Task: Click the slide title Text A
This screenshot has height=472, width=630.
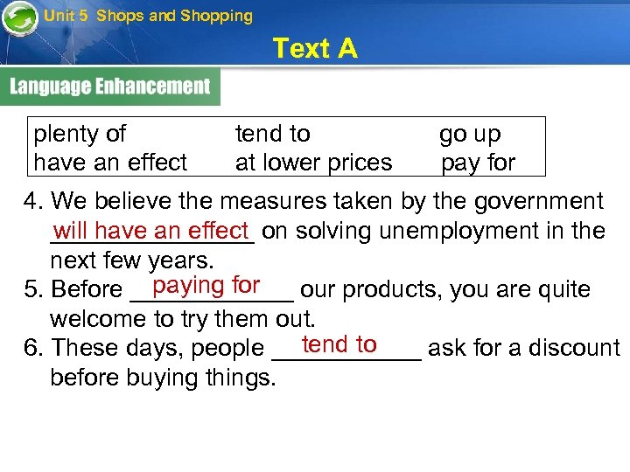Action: click(x=315, y=48)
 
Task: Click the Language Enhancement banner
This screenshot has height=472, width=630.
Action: click(x=110, y=87)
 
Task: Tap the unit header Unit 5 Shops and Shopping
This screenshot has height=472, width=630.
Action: click(x=148, y=16)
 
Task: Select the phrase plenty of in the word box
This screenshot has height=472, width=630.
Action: click(x=80, y=134)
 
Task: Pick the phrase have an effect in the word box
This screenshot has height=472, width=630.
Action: click(x=110, y=163)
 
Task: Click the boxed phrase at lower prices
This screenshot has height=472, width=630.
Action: click(x=313, y=163)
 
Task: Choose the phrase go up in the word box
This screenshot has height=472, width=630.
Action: click(x=470, y=134)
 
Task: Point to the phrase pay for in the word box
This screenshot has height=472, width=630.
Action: click(x=478, y=163)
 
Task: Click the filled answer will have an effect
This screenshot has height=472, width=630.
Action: click(x=151, y=231)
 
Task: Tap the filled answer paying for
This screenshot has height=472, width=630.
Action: click(x=206, y=285)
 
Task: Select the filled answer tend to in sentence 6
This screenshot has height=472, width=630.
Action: click(x=339, y=344)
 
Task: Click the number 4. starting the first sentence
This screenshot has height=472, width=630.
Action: click(x=33, y=202)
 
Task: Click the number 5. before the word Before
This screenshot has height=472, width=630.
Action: click(x=33, y=289)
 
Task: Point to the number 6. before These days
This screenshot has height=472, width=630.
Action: click(x=33, y=348)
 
